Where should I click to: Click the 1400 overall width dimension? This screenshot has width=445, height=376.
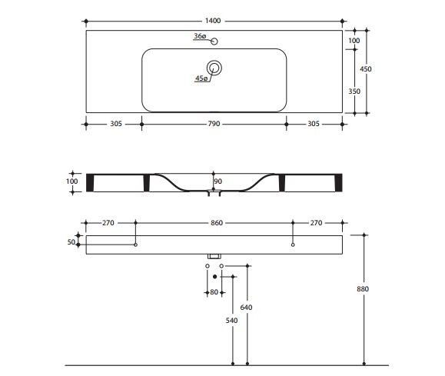click(x=213, y=21)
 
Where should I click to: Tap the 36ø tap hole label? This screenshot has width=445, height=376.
click(x=200, y=36)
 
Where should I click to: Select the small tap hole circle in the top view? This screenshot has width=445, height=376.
click(x=214, y=42)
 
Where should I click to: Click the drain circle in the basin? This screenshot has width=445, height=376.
click(x=214, y=68)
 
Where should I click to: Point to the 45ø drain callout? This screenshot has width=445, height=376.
click(x=201, y=78)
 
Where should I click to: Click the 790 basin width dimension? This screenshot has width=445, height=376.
click(x=214, y=124)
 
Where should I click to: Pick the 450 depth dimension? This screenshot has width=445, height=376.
click(x=366, y=69)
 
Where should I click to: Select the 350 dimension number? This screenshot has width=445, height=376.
click(x=354, y=92)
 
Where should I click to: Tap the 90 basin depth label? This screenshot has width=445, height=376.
click(x=218, y=181)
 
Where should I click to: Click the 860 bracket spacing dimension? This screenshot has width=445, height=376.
click(x=217, y=223)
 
